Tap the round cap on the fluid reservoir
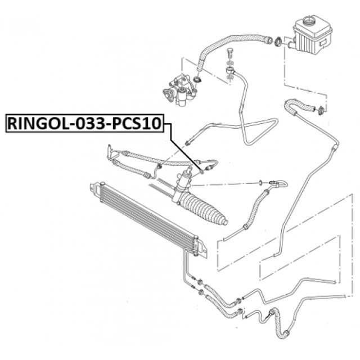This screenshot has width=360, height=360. click(311, 23)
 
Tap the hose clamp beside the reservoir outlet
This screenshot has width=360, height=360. click(278, 41)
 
